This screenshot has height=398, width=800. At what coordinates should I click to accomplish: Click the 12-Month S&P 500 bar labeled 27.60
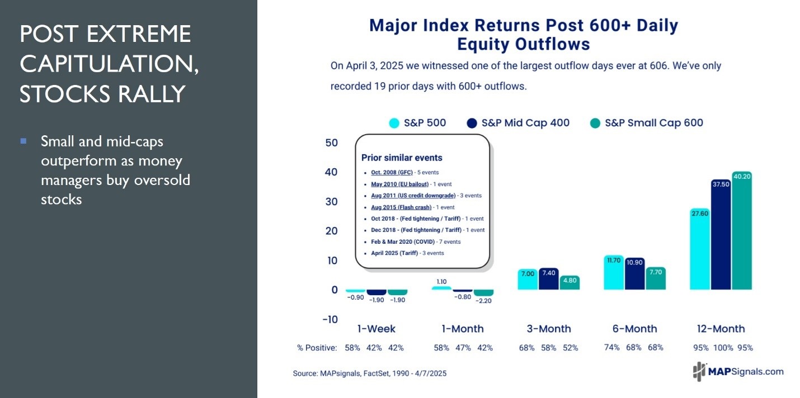click(700, 249)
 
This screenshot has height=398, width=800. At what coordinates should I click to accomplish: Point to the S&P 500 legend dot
click(394, 123)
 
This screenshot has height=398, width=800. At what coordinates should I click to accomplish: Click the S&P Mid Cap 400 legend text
click(526, 123)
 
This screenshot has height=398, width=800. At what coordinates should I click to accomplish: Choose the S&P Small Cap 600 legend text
click(654, 123)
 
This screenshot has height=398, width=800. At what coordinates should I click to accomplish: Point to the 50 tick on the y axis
click(331, 143)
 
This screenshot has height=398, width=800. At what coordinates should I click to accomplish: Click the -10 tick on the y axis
click(330, 319)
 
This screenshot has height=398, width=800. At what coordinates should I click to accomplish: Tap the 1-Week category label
click(376, 329)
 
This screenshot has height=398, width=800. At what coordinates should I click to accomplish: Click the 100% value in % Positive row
click(723, 348)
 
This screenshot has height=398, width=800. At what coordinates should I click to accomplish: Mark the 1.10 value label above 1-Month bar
click(441, 281)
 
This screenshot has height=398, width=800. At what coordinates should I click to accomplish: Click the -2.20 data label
click(484, 300)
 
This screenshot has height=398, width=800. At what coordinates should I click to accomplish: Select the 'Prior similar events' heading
click(402, 158)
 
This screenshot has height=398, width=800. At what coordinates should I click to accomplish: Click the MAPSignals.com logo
click(738, 371)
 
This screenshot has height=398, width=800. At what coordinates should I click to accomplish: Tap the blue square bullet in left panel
click(23, 141)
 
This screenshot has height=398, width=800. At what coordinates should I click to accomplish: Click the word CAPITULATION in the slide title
click(109, 64)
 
